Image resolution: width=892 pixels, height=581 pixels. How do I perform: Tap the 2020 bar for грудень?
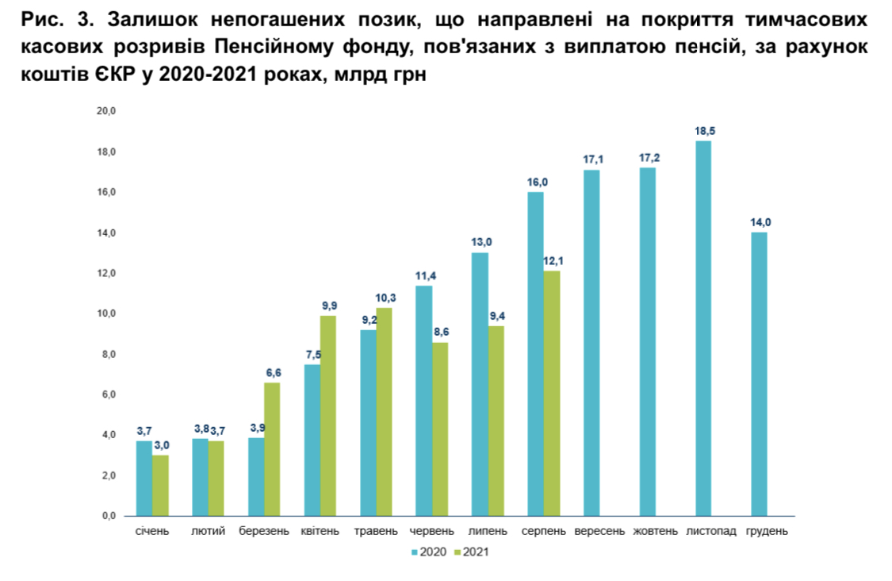pyautogui.click(x=759, y=374)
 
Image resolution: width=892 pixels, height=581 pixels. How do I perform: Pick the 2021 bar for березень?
pyautogui.click(x=272, y=448)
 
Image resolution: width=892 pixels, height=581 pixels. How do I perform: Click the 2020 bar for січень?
pyautogui.click(x=144, y=478)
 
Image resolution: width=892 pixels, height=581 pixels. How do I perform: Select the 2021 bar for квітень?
pyautogui.click(x=327, y=415)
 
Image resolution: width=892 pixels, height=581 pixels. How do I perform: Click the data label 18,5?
pyautogui.click(x=703, y=131)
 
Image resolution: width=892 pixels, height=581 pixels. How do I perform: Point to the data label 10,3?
pyautogui.click(x=385, y=298)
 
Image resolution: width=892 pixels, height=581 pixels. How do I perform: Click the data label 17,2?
pyautogui.click(x=649, y=158)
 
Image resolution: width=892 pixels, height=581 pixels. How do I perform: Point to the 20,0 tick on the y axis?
pyautogui.click(x=106, y=112)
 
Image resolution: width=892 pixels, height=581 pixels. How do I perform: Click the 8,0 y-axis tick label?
pyautogui.click(x=106, y=354)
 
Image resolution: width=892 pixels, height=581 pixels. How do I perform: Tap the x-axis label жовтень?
pyautogui.click(x=655, y=531)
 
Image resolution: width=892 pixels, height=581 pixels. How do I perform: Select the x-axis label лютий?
pyautogui.click(x=209, y=531)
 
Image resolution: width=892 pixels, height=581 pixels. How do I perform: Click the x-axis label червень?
pyautogui.click(x=432, y=531)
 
